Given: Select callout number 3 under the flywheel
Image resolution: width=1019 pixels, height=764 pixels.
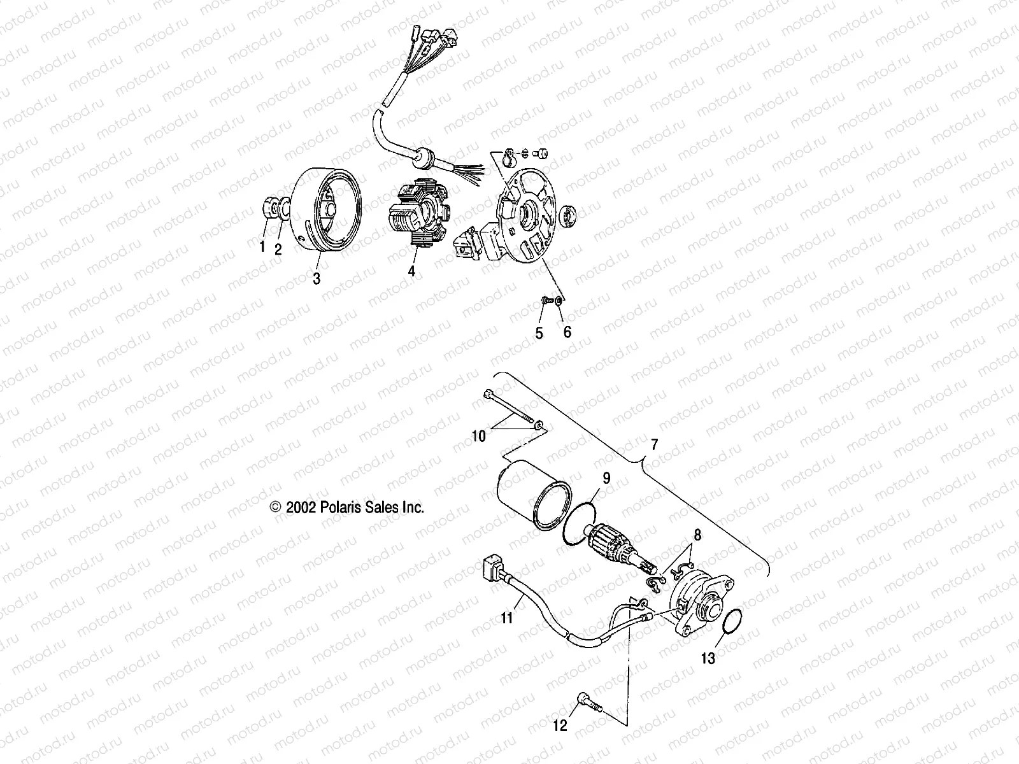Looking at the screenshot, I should pyautogui.click(x=317, y=278).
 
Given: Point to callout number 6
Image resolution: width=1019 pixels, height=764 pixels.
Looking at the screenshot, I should pyautogui.click(x=567, y=332).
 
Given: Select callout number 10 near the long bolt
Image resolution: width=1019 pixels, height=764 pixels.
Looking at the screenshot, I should pyautogui.click(x=478, y=436).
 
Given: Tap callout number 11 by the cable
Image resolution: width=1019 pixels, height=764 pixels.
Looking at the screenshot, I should pyautogui.click(x=506, y=616).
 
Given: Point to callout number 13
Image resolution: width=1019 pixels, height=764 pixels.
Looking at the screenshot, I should pyautogui.click(x=708, y=658).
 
